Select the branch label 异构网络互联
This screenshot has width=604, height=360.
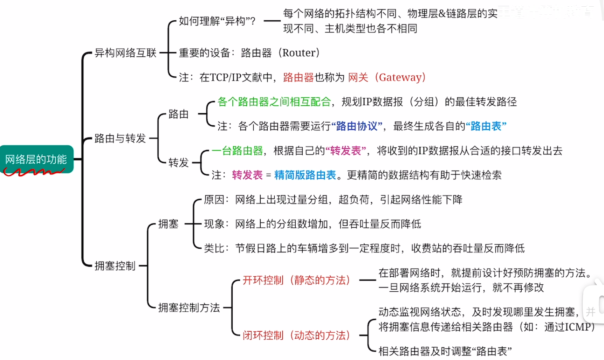pyautogui.click(x=125, y=53)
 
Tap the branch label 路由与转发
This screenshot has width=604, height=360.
pyautogui.click(x=120, y=138)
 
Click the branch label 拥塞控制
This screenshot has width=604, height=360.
pyautogui.click(x=115, y=266)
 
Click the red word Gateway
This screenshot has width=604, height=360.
pyautogui.click(x=400, y=77)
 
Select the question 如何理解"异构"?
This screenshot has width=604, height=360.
pyautogui.click(x=217, y=21)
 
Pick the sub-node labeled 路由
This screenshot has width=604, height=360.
pyautogui.click(x=178, y=114)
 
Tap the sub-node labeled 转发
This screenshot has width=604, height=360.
pyautogui.click(x=178, y=162)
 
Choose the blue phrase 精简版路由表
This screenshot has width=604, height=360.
pyautogui.click(x=305, y=175)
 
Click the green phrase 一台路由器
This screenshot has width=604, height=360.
pyautogui.click(x=237, y=151)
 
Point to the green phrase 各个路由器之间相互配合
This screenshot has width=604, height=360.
pyautogui.click(x=274, y=102)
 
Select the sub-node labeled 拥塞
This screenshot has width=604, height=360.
pyautogui.click(x=168, y=224)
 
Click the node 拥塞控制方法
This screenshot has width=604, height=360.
pyautogui.click(x=189, y=308)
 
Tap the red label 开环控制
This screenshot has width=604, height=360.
pyautogui.click(x=263, y=280)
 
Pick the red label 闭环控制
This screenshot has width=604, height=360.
pyautogui.click(x=263, y=335)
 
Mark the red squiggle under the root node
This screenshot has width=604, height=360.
pyautogui.click(x=33, y=172)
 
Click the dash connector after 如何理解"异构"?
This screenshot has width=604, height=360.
pyautogui.click(x=272, y=21)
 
